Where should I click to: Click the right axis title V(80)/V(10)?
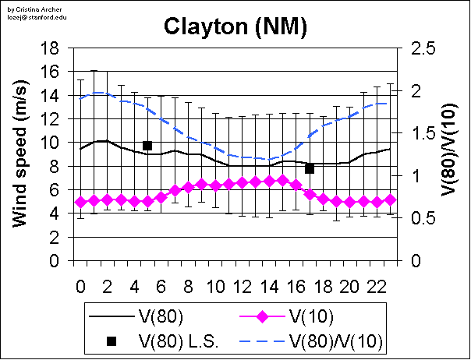point(448,154)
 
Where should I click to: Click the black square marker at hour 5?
point(147,146)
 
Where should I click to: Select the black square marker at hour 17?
point(310,168)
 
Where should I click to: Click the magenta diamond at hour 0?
point(80,202)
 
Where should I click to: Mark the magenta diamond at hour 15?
point(282,181)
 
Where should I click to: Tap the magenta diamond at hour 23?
point(391,199)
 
